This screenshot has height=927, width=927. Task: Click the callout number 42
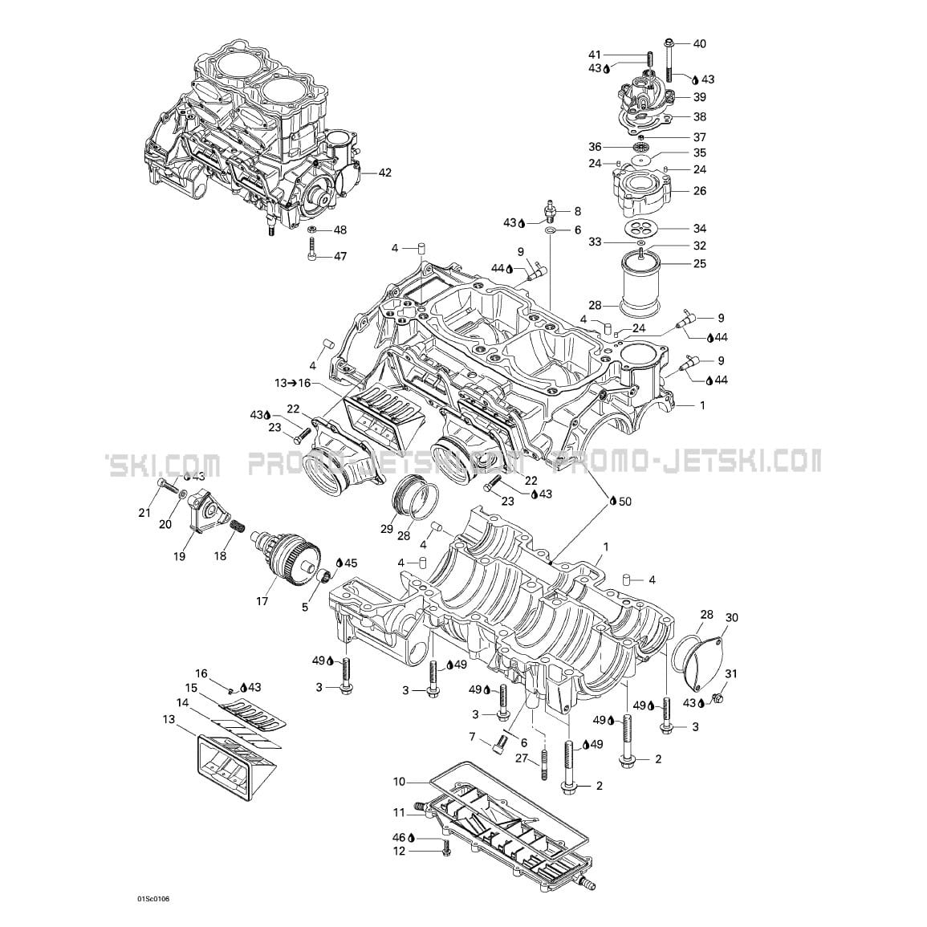tap(385, 173)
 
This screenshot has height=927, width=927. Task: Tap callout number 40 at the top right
tap(700, 43)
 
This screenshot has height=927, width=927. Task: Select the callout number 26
tap(700, 191)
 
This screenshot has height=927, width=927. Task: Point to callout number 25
tap(700, 264)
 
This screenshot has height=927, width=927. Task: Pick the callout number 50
tap(624, 502)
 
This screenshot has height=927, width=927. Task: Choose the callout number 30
tap(731, 617)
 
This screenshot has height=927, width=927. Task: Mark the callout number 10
tap(400, 781)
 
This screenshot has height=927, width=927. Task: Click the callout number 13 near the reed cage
tap(168, 720)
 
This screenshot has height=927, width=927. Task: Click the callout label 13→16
tap(292, 384)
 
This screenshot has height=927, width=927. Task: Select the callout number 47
tap(340, 257)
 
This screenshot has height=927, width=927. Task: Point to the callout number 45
tap(351, 563)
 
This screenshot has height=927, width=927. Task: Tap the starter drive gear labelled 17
tap(297, 553)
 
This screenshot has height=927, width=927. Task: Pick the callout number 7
tap(473, 736)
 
